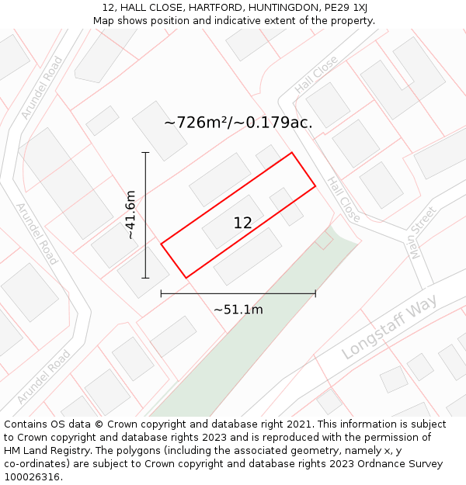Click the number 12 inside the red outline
coord(242,223)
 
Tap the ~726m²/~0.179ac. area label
coord(238,123)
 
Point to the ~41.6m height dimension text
coord(130,214)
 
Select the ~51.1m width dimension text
coord(238,310)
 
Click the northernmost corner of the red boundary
coord(291,152)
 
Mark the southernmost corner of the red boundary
coord(186,278)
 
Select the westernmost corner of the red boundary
coord(161,244)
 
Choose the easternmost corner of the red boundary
coord(315,186)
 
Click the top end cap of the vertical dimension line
coord(145,153)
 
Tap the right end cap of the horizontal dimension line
coord(315,293)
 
